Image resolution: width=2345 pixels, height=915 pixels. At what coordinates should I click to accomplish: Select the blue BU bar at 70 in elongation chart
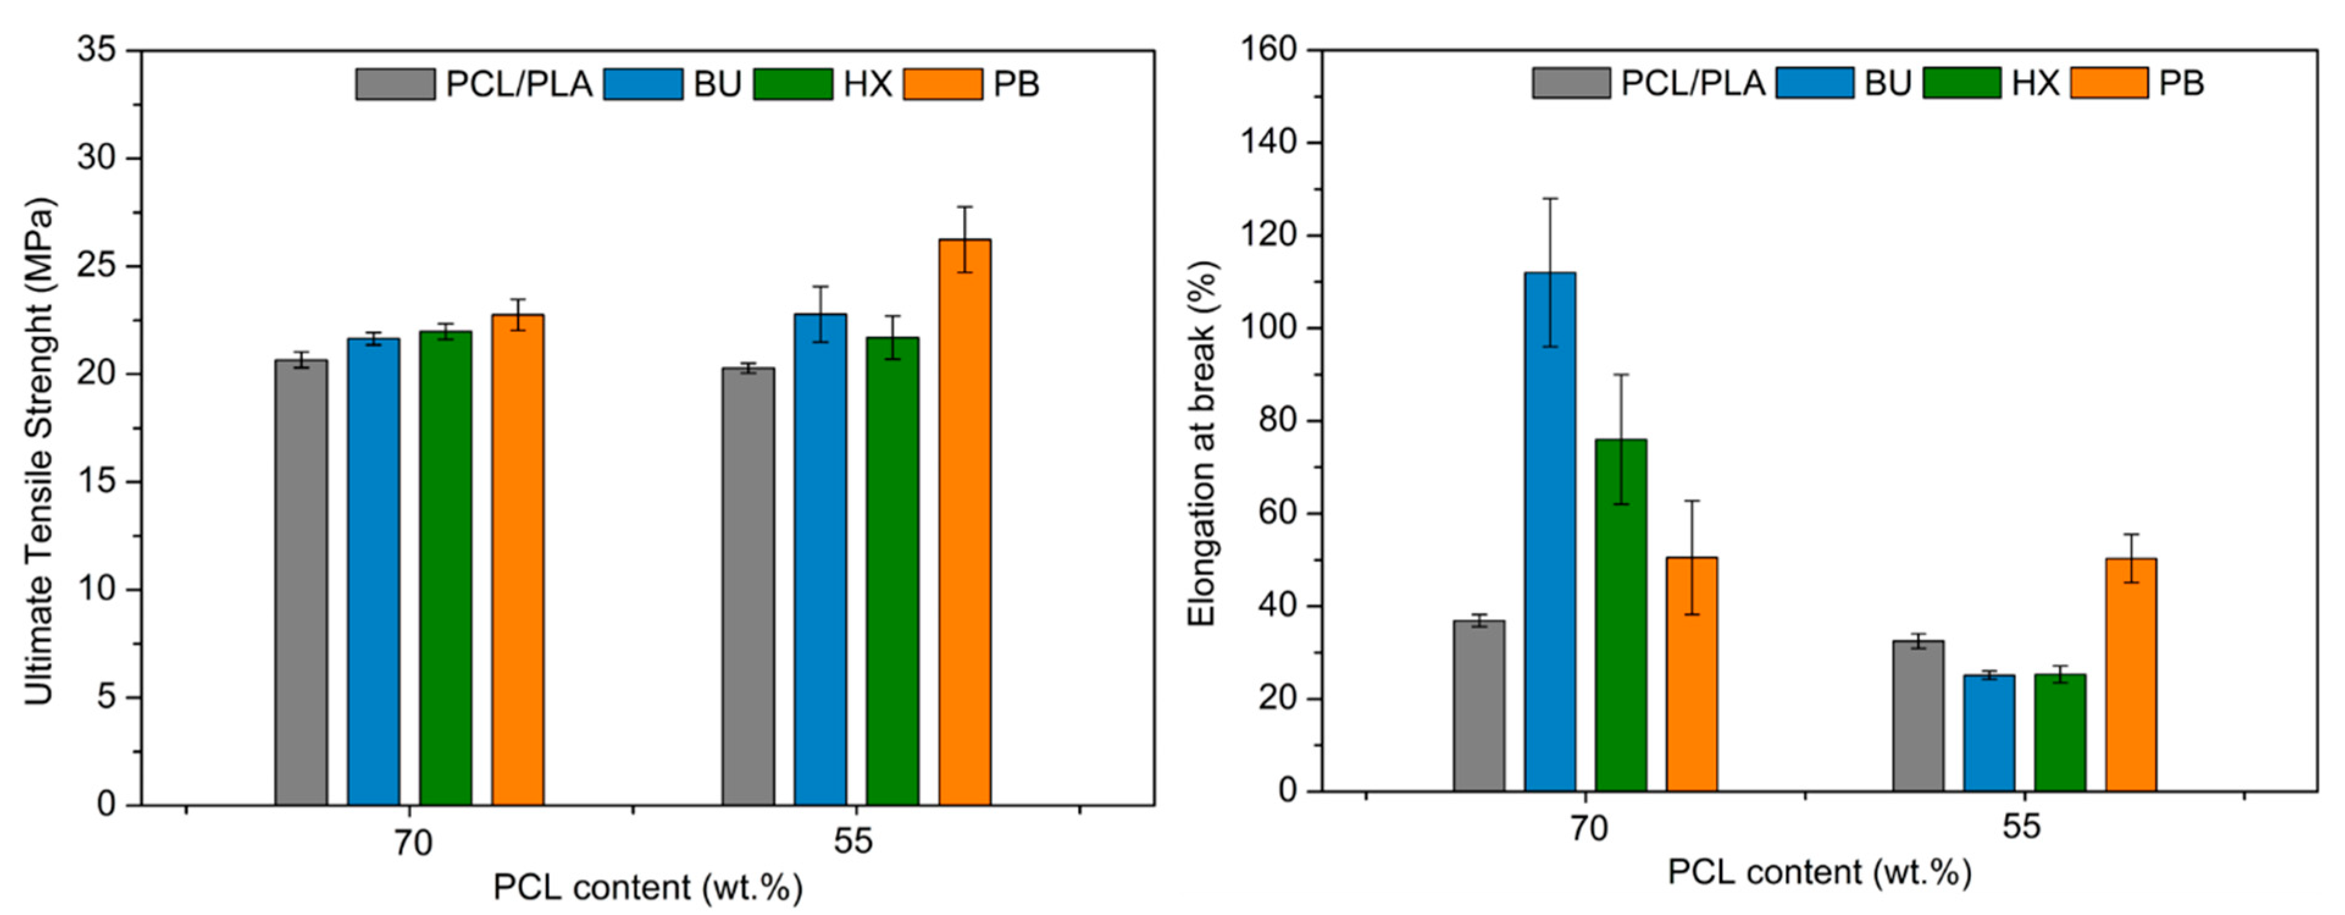point(1550,533)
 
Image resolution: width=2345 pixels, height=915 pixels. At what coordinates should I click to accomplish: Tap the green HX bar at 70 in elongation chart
point(1620,615)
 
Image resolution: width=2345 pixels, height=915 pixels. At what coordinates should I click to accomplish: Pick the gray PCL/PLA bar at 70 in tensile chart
point(301,583)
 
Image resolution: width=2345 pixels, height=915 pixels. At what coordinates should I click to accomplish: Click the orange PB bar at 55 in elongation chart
point(2130,674)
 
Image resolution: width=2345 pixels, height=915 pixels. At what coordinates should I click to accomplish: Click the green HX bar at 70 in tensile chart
point(445,569)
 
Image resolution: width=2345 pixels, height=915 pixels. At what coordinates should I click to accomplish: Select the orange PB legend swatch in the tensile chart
point(942,84)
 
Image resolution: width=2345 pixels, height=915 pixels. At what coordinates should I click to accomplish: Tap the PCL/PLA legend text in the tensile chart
point(518,84)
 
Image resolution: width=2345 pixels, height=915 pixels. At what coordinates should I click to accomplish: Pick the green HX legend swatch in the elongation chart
point(1962,83)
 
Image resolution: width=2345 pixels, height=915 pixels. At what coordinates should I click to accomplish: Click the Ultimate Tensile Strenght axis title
point(39,450)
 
